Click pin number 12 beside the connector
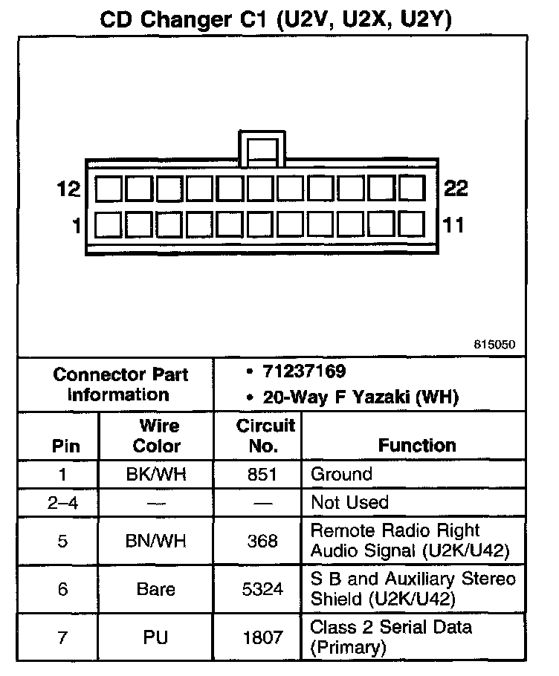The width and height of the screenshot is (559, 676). [x=68, y=189]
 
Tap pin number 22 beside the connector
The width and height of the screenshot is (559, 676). [x=456, y=189]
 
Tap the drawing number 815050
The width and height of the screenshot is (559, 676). [x=494, y=345]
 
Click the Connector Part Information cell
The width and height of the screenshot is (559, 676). [x=120, y=384]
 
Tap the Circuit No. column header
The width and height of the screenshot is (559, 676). [x=266, y=436]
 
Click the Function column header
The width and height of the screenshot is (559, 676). [x=417, y=445]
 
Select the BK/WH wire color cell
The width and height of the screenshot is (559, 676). [x=156, y=475]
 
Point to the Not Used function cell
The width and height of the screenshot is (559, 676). [x=349, y=503]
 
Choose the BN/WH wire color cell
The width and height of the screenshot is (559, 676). [x=156, y=541]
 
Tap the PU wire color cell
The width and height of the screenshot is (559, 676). [x=156, y=637]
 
